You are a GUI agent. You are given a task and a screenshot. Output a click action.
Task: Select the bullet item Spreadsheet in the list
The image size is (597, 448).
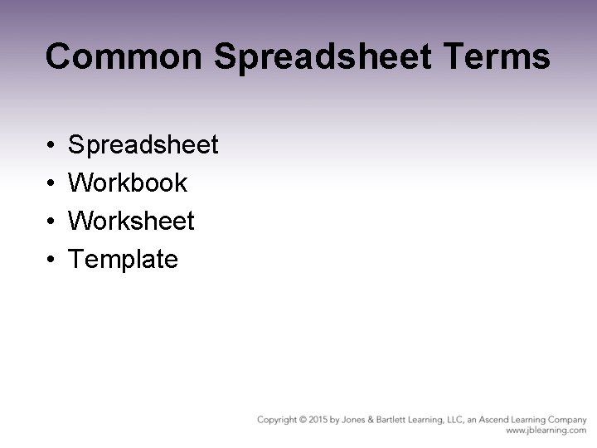(x=143, y=145)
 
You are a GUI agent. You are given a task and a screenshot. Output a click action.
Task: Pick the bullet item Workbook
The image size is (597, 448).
(x=128, y=183)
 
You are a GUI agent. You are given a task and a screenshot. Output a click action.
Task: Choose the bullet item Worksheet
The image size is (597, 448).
(x=131, y=221)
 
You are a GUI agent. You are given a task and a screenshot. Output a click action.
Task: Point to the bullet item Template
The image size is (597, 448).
(x=123, y=259)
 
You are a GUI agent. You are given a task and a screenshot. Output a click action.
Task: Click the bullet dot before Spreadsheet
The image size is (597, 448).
(x=51, y=146)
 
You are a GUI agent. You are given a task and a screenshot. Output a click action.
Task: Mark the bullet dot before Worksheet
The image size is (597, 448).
(x=51, y=222)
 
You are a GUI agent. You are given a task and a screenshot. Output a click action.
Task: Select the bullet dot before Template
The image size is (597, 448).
(x=51, y=260)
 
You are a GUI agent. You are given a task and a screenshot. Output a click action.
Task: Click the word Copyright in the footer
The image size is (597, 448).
(x=279, y=420)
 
